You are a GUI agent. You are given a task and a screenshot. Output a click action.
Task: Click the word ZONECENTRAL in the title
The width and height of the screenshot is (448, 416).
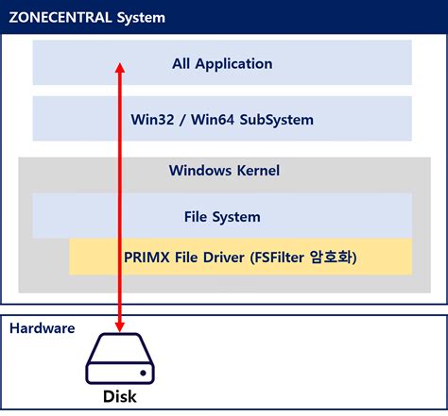[60, 17]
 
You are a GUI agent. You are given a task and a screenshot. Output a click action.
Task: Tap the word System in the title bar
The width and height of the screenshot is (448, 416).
[141, 18]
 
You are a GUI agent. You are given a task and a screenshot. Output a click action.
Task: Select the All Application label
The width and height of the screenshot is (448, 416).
[222, 64]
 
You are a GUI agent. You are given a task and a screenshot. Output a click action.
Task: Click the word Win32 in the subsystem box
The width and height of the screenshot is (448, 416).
[152, 120]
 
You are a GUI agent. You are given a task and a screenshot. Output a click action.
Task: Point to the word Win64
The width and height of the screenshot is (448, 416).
[213, 120]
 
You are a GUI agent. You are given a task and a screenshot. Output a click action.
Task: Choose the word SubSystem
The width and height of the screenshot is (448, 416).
[277, 120]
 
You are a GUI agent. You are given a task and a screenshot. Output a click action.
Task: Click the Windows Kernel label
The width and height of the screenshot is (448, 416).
[224, 171]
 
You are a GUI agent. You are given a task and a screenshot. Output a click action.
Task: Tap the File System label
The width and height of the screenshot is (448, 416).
[222, 217]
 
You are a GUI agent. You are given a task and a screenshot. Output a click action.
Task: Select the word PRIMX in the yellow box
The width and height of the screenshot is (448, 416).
[146, 258]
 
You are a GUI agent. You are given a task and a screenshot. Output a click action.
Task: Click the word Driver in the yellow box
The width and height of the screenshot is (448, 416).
[224, 258]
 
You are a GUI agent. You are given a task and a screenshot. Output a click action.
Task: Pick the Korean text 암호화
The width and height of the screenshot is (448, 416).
[332, 258]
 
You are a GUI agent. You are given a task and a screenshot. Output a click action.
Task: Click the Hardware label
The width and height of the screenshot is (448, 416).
[43, 328]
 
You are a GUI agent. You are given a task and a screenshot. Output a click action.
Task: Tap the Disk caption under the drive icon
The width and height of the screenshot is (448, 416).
[120, 396]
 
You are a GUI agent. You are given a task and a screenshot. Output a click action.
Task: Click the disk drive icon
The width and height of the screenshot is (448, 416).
[120, 358]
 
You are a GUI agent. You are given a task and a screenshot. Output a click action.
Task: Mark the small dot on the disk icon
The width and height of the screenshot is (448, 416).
[143, 373]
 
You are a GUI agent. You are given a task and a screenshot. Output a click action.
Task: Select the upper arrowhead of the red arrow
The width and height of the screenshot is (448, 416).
[120, 68]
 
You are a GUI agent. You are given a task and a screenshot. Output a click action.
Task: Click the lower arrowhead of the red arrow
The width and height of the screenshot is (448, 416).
[120, 326]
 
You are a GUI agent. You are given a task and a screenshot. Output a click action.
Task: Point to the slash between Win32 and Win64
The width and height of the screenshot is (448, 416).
[182, 120]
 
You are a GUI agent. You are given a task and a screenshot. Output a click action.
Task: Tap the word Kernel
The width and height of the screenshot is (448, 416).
[258, 171]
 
